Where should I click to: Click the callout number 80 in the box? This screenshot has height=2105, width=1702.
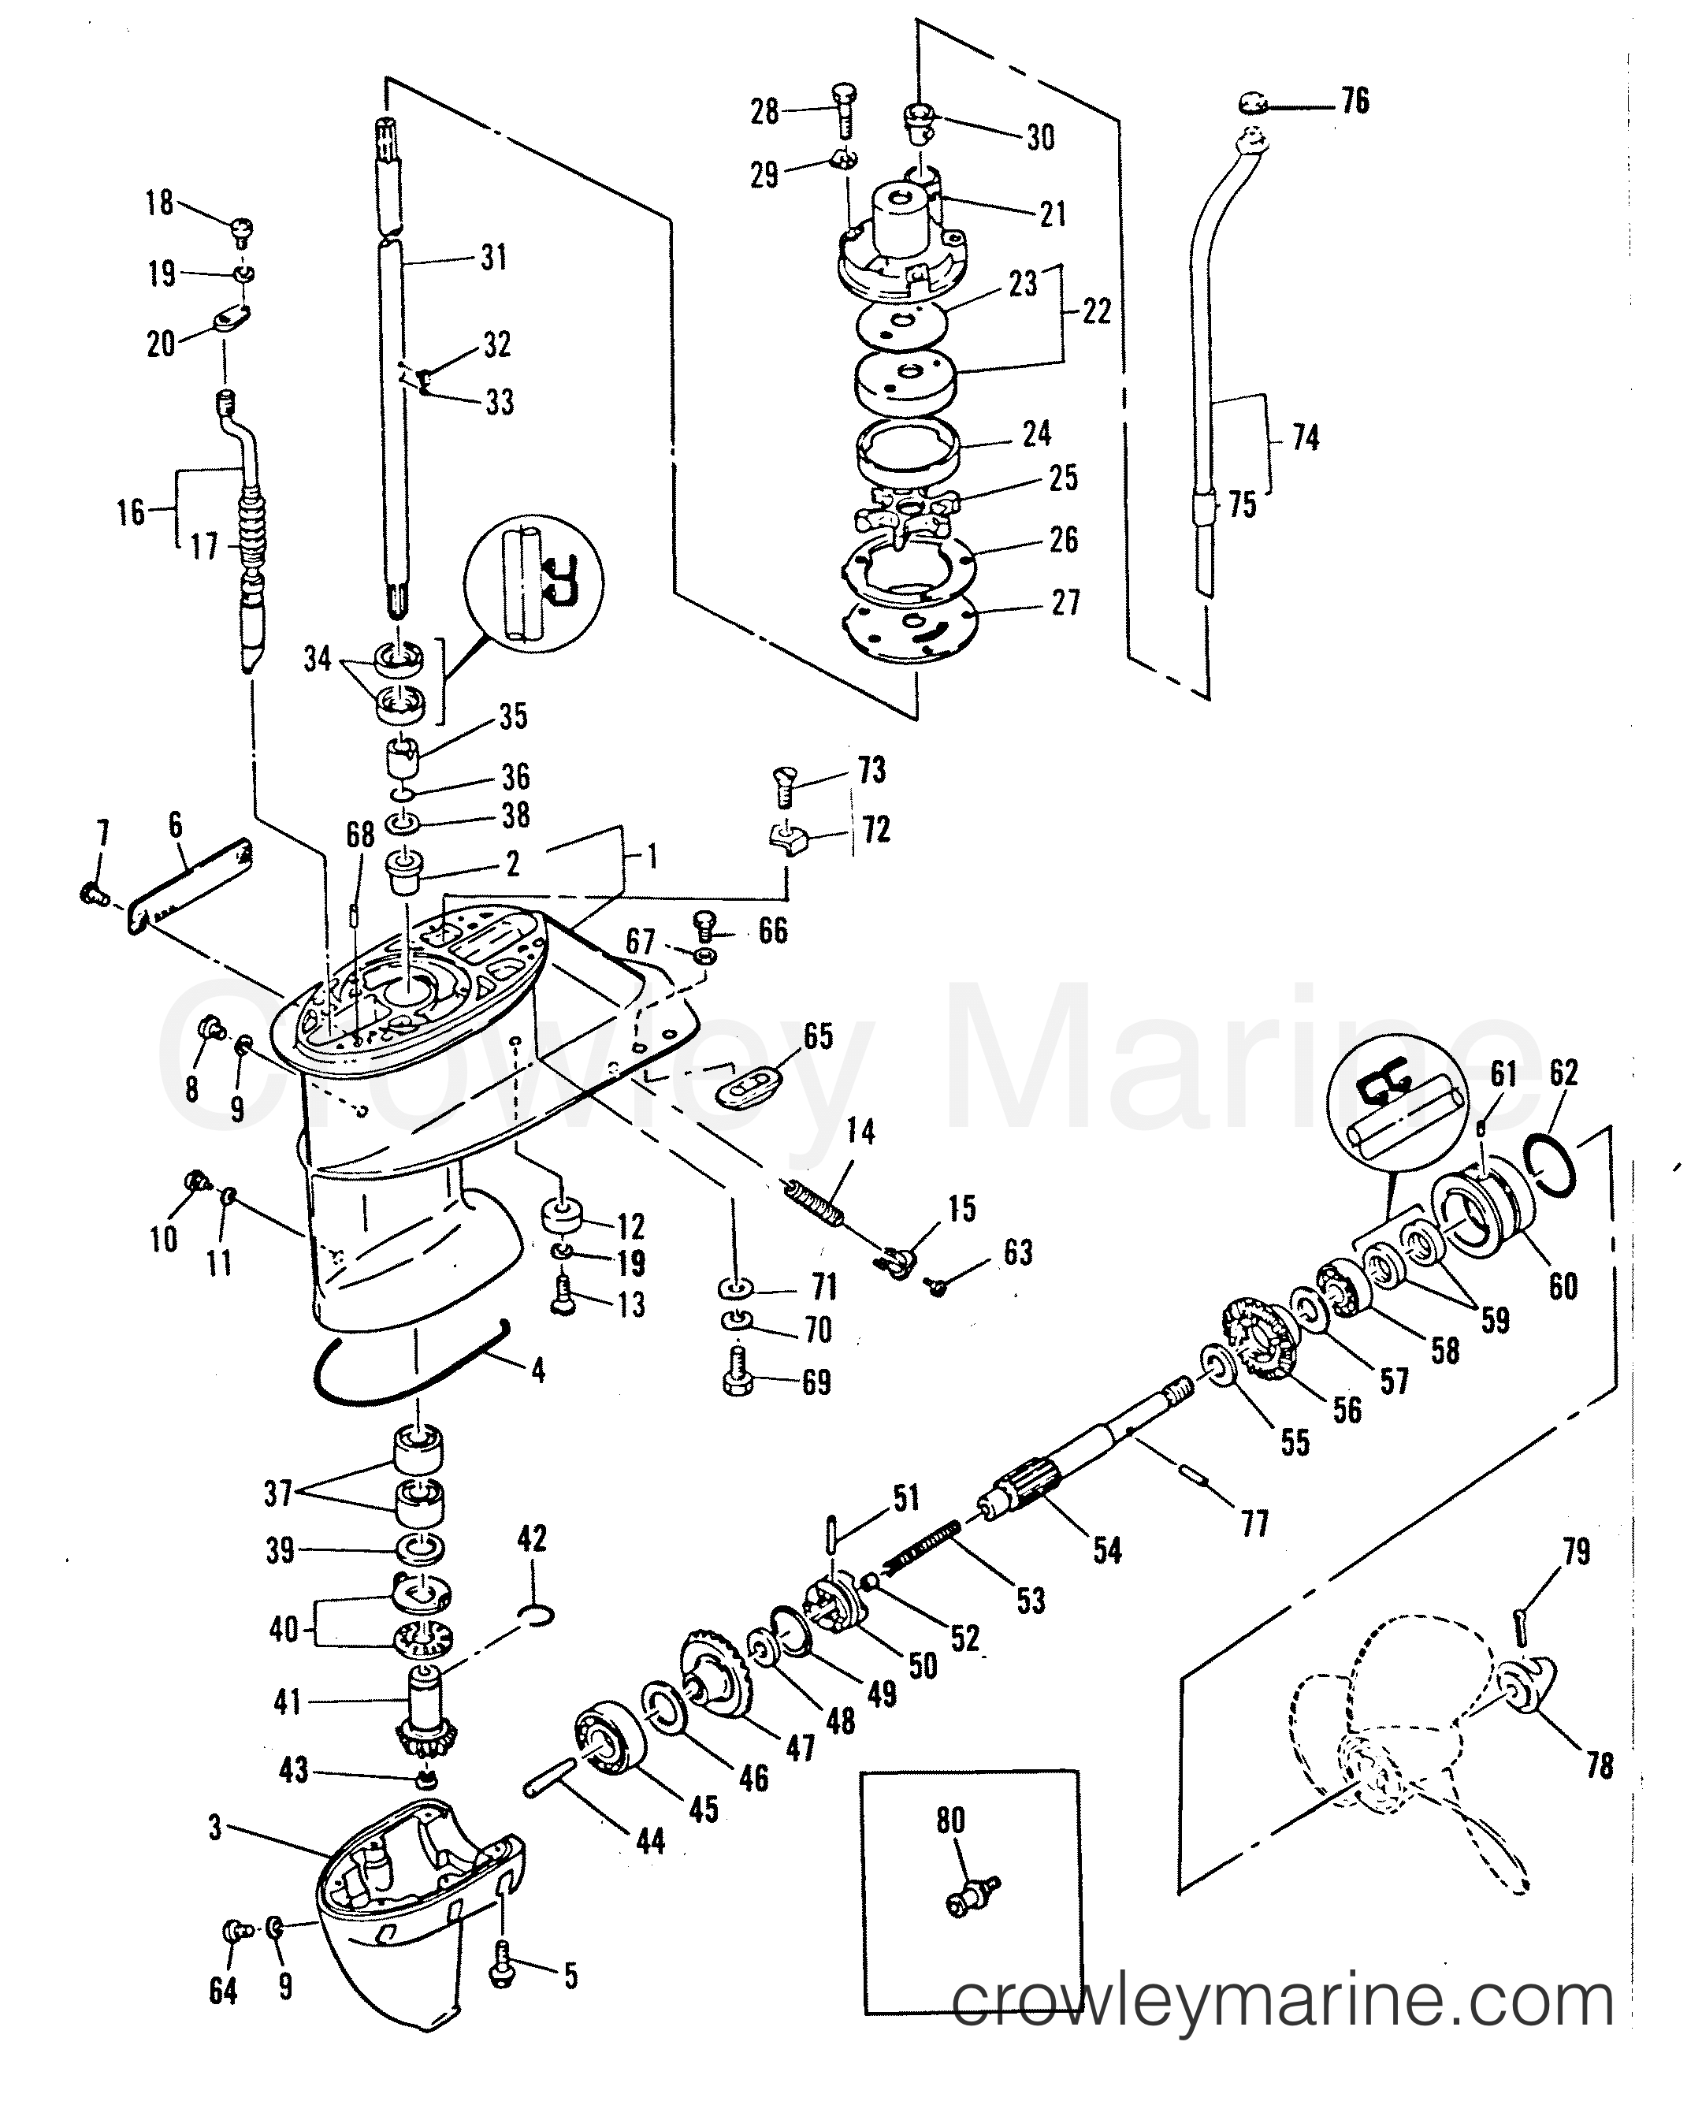950,1820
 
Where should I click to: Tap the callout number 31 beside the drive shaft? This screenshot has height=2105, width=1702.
494,257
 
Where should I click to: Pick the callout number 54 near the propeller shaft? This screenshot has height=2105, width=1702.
1107,1550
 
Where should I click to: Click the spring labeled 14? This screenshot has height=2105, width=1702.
812,1204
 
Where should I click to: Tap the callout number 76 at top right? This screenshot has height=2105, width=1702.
1355,100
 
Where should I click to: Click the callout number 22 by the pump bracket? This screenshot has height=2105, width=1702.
1096,312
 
